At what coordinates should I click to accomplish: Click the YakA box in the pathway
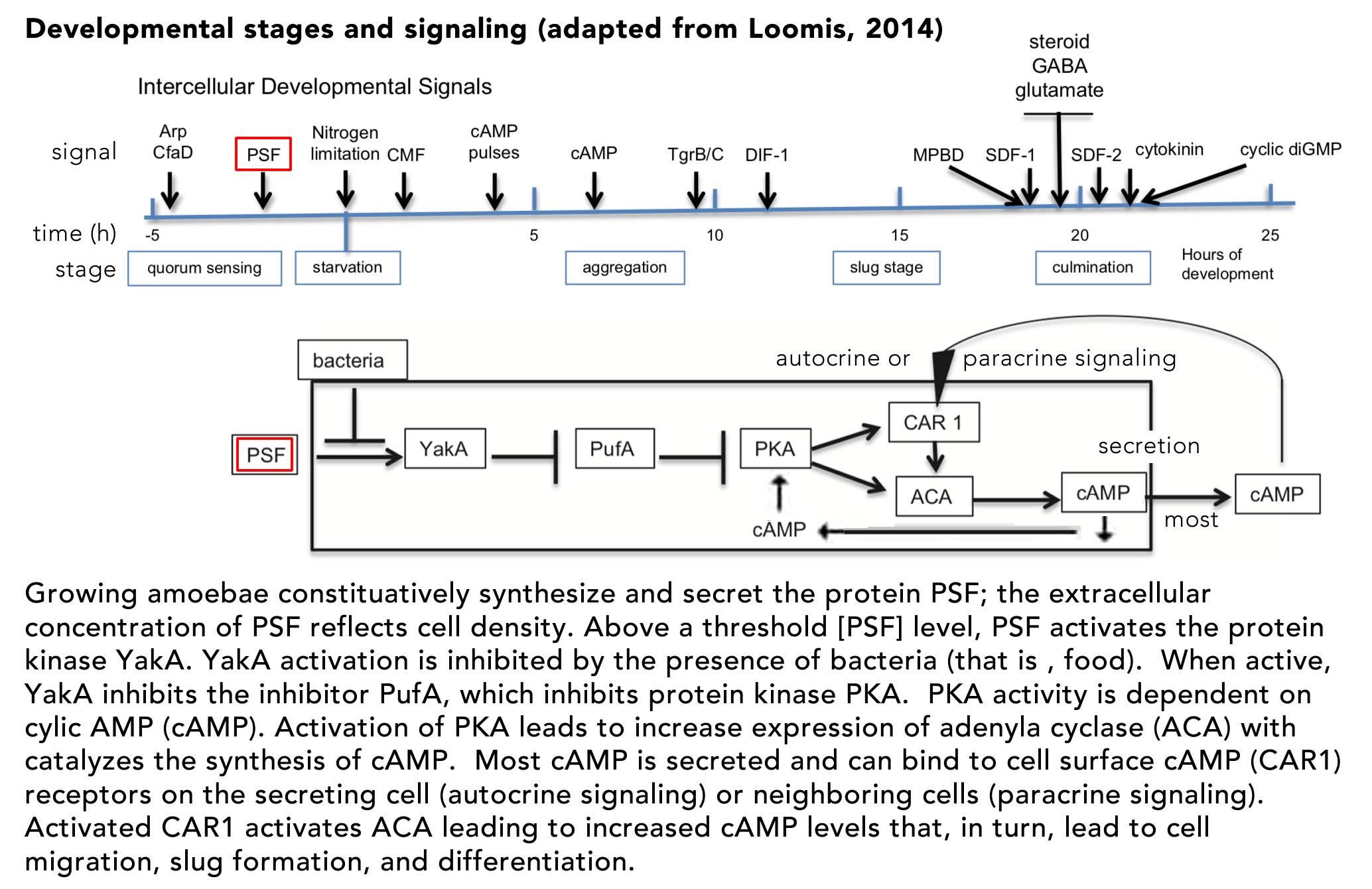tap(445, 448)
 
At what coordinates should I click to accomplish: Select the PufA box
tap(614, 448)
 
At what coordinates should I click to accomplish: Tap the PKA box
tap(775, 448)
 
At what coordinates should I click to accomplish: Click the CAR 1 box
tap(933, 422)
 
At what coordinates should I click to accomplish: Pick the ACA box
tap(933, 496)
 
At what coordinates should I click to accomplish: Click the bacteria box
tap(352, 360)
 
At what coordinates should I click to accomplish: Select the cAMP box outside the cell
tap(1277, 494)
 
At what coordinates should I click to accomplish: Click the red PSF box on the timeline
tap(263, 155)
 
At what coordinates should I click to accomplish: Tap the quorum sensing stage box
tap(204, 268)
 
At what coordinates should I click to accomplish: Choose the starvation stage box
tap(348, 267)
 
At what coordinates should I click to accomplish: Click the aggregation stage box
tap(624, 267)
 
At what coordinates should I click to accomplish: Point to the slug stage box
tap(886, 267)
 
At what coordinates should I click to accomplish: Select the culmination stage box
tap(1093, 267)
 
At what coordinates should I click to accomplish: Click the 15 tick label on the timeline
tap(900, 235)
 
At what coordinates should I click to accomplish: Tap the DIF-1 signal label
tap(766, 155)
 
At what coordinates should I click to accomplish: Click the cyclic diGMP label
tap(1290, 149)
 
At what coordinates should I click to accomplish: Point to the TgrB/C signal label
tap(695, 155)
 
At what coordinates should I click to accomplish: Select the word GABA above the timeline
tap(1060, 66)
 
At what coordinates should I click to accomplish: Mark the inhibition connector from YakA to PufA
tap(524, 457)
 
